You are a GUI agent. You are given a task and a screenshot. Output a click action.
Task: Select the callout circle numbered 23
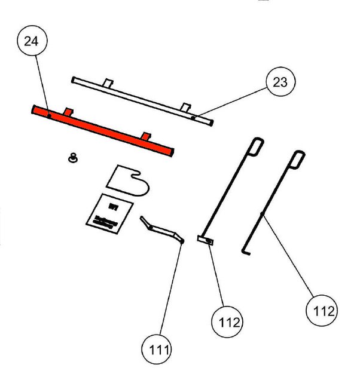280,82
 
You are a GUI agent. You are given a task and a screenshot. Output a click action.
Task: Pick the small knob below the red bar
74,158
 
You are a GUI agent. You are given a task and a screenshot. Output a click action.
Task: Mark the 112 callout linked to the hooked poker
321,310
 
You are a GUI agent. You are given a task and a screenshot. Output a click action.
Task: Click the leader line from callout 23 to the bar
230,102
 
